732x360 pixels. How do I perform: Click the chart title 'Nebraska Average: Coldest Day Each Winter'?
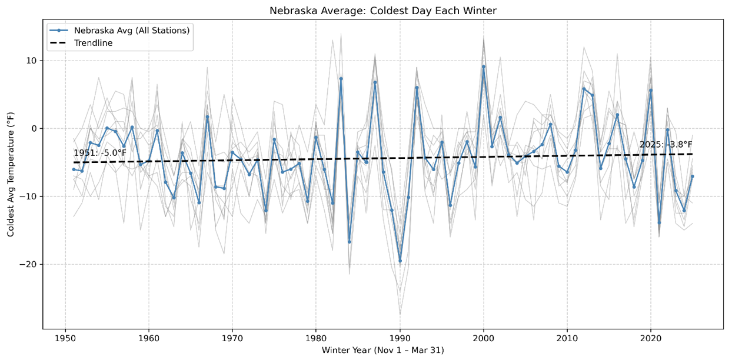tap(383, 11)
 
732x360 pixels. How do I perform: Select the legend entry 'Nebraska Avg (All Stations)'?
tap(131, 30)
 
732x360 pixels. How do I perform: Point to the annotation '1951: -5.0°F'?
tap(100, 153)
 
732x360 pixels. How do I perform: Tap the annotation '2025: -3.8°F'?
tap(666, 145)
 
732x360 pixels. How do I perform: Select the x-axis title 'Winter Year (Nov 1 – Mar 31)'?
tap(383, 351)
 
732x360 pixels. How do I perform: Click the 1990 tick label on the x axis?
tap(400, 338)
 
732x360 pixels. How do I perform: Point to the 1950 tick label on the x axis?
tap(65, 338)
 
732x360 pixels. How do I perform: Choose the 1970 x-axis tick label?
tap(232, 338)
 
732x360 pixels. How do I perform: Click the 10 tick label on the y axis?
tap(31, 61)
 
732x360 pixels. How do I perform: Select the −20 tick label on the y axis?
tap(29, 264)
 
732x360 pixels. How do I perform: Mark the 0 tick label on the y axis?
tap(34, 128)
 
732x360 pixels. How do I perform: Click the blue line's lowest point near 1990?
tap(400, 261)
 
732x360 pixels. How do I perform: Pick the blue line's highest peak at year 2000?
tap(484, 66)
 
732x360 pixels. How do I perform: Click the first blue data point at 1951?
tap(74, 169)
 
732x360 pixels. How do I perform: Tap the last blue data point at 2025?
tap(693, 176)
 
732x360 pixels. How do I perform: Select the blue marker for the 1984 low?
tap(350, 242)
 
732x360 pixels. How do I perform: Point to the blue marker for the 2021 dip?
tap(659, 222)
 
